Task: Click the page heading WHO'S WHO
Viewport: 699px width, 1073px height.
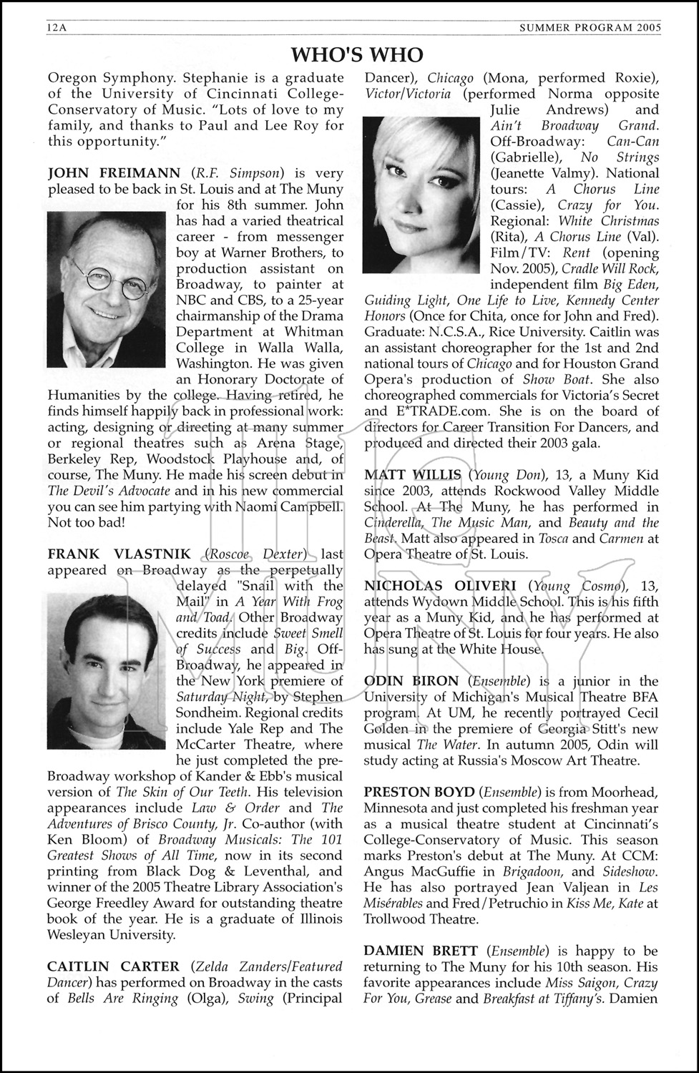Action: (357, 54)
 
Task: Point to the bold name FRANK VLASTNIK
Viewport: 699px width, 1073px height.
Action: (119, 554)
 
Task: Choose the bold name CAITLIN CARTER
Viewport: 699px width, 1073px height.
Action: (115, 966)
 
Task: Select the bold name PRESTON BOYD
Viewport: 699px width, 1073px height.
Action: (419, 792)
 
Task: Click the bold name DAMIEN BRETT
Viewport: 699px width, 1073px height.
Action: (421, 951)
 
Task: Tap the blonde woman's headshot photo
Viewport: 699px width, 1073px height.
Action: (425, 194)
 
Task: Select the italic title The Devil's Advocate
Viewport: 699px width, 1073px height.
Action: (109, 491)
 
